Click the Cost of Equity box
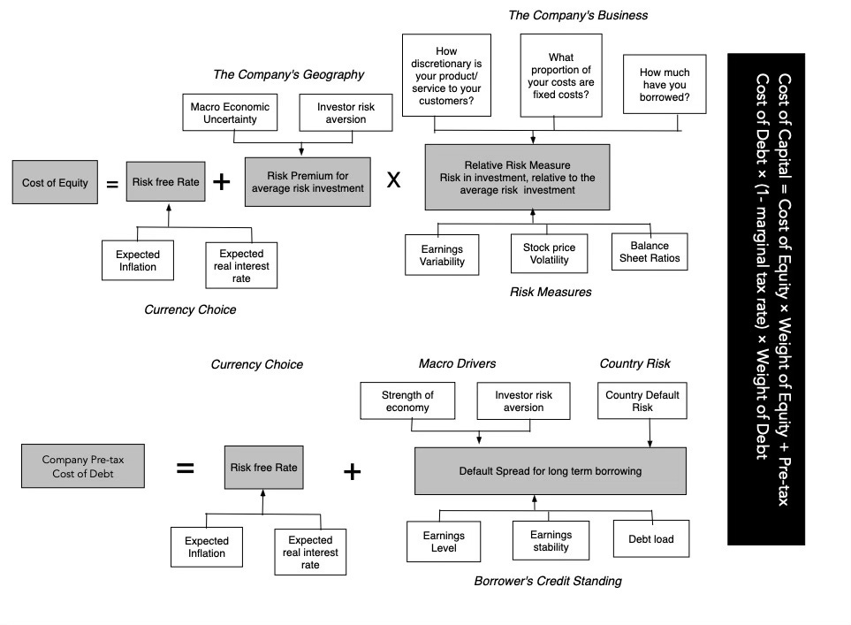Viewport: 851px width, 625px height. [55, 183]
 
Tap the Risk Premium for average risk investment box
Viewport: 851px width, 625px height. [308, 181]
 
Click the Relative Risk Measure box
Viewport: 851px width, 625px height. [517, 177]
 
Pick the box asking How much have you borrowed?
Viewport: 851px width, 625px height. [665, 84]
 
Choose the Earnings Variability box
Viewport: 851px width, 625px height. [441, 255]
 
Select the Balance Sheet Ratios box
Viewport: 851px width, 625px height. [650, 252]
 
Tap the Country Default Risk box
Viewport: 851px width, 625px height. [642, 401]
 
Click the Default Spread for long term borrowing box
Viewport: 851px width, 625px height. [550, 470]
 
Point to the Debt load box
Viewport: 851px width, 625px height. [650, 539]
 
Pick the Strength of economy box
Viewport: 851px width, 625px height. [407, 401]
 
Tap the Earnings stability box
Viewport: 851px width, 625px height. [551, 541]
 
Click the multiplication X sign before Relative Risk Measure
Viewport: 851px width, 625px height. [394, 180]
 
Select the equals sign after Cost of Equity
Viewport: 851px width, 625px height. [112, 184]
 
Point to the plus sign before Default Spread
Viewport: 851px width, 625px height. [352, 471]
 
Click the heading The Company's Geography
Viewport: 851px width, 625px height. [288, 74]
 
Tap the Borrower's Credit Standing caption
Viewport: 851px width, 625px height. [548, 581]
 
